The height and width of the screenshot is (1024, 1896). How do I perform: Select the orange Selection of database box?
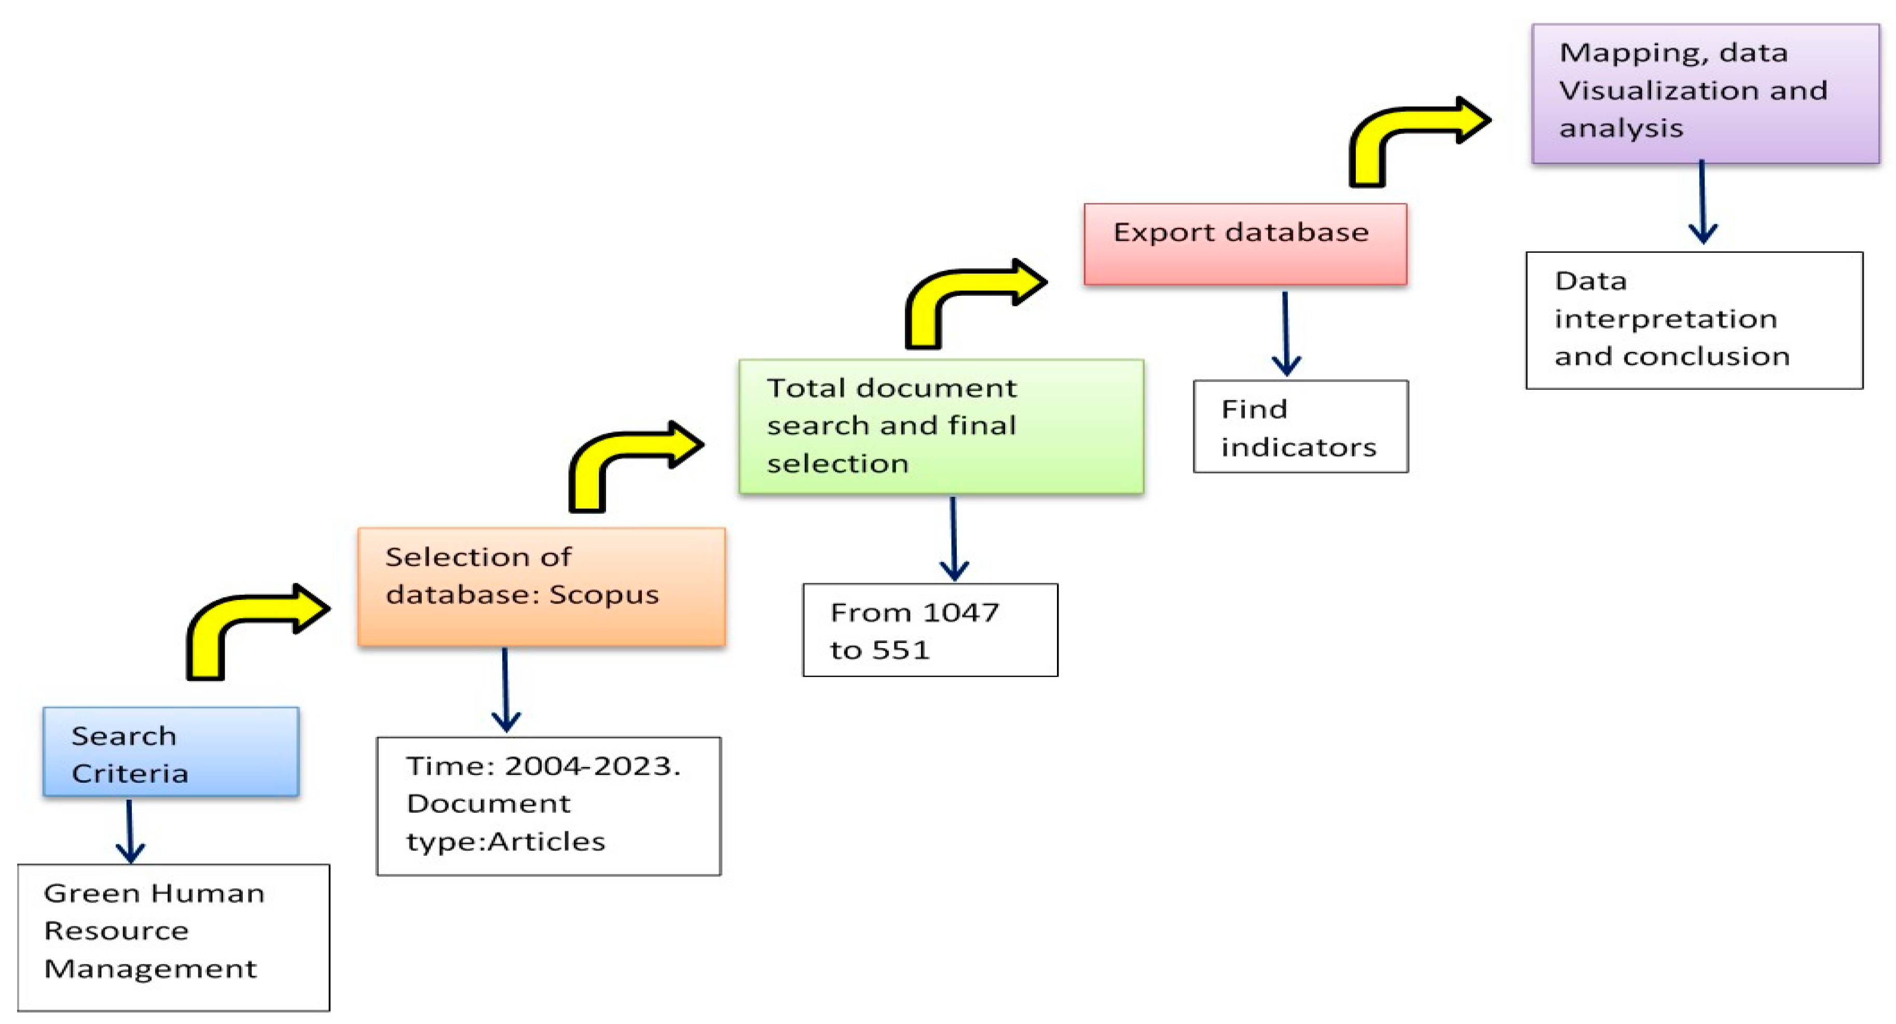(542, 586)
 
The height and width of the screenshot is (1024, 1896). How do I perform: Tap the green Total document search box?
(941, 426)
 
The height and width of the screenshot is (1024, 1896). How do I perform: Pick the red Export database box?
(1245, 243)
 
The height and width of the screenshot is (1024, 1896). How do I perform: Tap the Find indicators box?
(1300, 427)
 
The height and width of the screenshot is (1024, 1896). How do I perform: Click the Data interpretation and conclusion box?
(1694, 320)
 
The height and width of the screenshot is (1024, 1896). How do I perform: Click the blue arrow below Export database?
(1286, 335)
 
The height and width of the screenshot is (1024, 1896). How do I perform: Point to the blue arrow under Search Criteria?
(130, 832)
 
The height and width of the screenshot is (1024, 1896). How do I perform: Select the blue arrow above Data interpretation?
(1702, 202)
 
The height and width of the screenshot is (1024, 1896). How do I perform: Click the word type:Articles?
(505, 841)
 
